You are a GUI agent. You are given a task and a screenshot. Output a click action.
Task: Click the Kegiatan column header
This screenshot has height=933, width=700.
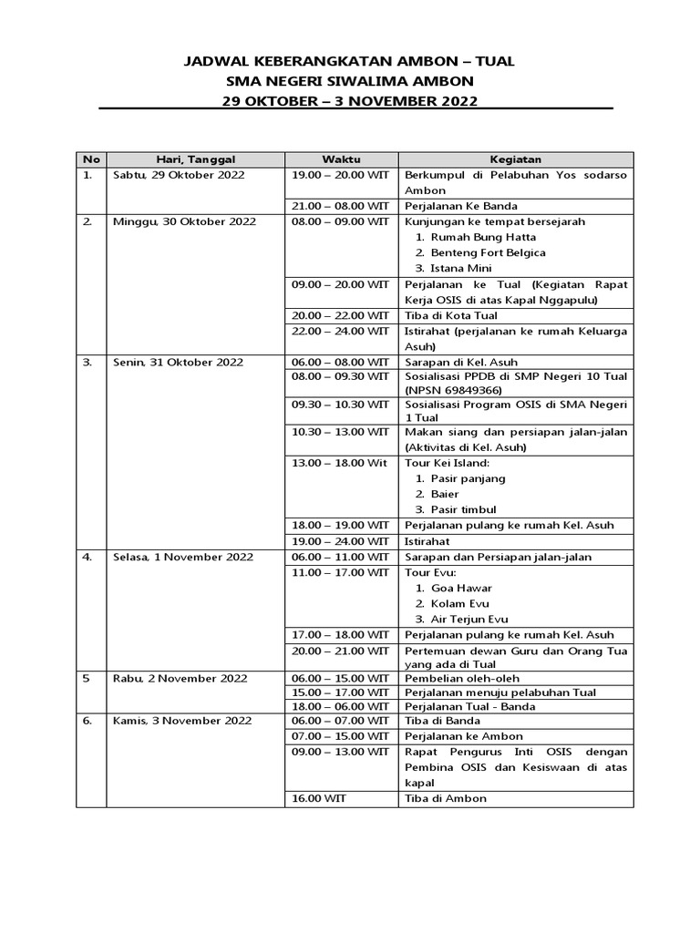[x=515, y=159]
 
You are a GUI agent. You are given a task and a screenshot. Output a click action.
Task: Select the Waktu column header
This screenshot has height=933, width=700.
[x=341, y=159]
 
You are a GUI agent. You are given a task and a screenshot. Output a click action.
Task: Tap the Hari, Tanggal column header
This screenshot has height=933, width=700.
[x=195, y=159]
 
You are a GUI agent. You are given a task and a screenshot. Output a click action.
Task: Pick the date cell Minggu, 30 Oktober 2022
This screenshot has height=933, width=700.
[x=183, y=221]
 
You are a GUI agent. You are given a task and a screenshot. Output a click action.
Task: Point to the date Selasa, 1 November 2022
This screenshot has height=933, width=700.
[x=182, y=557]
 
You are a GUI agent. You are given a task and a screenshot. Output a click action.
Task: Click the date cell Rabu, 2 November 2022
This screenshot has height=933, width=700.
[x=180, y=679]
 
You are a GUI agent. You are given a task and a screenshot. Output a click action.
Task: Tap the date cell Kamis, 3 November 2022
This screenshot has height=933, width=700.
[x=182, y=721]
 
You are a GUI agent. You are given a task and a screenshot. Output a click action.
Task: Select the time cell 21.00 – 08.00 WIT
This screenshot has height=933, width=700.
[x=340, y=206]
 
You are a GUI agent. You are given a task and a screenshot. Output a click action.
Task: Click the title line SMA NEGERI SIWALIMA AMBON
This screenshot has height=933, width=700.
[x=351, y=81]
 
